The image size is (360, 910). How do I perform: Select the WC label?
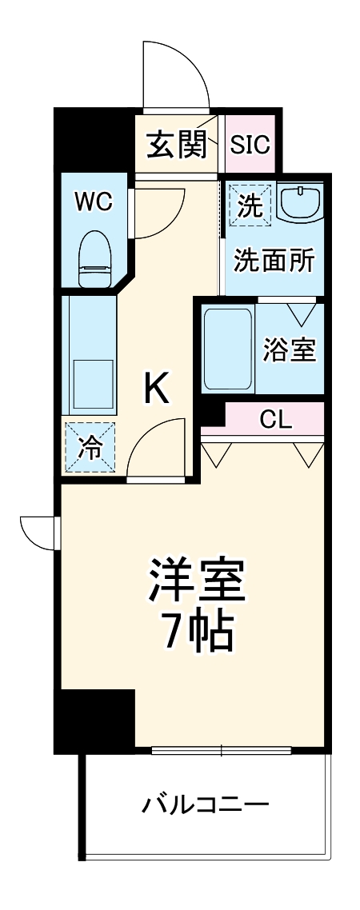[x=93, y=201]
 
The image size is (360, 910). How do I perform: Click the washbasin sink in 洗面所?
[x=301, y=204]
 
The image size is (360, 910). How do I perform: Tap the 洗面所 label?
[x=274, y=261]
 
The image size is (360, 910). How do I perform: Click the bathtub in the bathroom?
[x=227, y=349]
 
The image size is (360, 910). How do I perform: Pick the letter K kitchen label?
[x=156, y=389]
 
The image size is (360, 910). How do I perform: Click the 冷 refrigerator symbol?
[x=90, y=449]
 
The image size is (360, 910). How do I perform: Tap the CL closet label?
[x=277, y=418]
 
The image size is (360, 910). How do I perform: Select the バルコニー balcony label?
[x=205, y=804]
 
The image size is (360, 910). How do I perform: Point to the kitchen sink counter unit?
[x=90, y=356]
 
